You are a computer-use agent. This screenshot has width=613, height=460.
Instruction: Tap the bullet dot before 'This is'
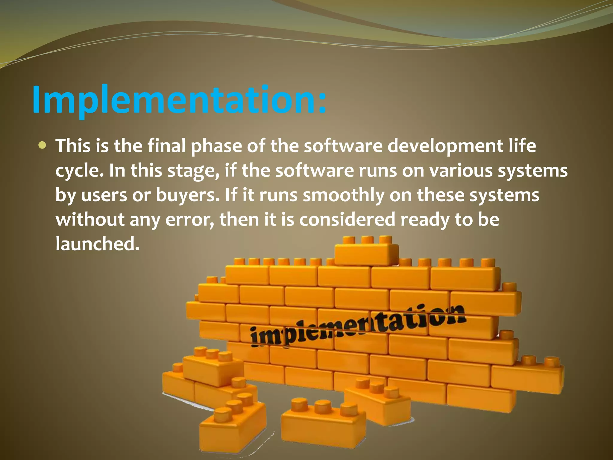point(43,146)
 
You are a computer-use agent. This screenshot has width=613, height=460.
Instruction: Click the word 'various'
point(460,171)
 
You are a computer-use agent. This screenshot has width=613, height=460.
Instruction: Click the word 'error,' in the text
point(189,220)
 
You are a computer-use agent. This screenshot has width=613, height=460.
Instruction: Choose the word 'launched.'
point(98,244)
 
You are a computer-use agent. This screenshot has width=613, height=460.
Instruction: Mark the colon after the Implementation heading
point(322,103)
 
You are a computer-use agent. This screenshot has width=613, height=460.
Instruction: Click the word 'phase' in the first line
point(216,147)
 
